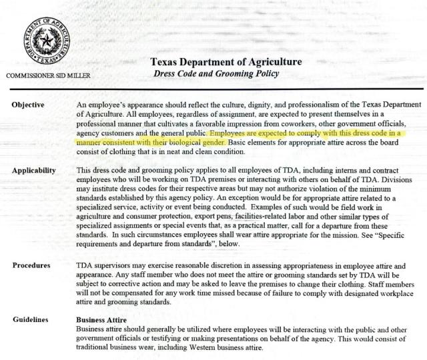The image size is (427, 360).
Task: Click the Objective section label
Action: point(28,105)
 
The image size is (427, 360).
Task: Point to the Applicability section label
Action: point(34,171)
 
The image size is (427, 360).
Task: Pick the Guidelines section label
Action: point(31,319)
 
